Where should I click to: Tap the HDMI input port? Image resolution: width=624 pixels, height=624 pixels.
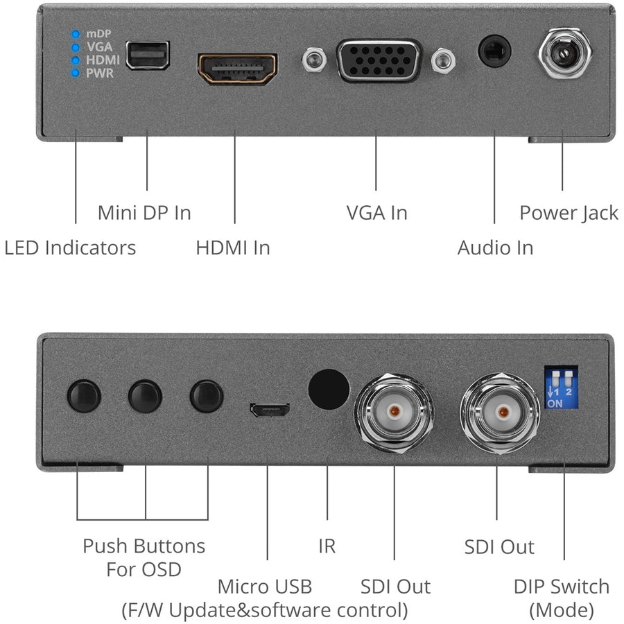(238, 69)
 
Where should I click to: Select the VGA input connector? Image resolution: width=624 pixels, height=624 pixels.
(379, 61)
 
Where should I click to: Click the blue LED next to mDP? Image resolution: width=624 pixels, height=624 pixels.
(76, 33)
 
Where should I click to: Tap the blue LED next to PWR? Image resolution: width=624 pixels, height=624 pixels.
(76, 73)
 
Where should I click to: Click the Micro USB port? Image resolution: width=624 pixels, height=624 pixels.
(270, 411)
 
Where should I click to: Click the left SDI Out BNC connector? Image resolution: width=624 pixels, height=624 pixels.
(394, 410)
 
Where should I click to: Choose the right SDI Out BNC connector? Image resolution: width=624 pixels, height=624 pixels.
(497, 410)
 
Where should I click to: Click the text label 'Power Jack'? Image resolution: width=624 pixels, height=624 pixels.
(569, 213)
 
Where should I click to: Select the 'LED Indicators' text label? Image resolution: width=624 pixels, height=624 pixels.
(70, 248)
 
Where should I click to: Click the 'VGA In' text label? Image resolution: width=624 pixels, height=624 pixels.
(376, 213)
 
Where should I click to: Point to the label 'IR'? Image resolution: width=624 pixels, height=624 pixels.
(327, 546)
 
